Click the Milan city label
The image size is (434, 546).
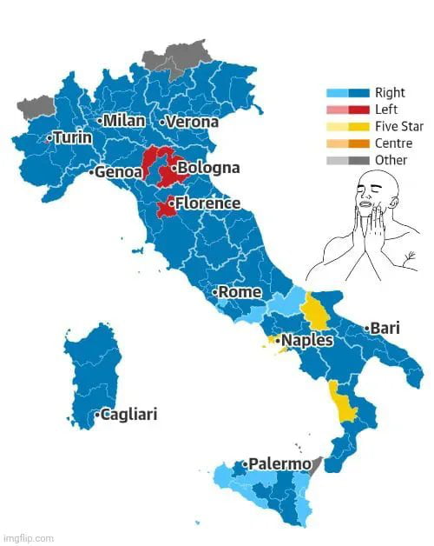point(124,120)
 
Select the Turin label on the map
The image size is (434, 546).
point(72,138)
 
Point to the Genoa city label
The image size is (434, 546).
point(118,172)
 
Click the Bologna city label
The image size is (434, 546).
point(208,167)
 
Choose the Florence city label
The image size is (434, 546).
point(207,203)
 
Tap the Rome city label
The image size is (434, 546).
point(240,292)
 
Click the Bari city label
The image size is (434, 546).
point(384,329)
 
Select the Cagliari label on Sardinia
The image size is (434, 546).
point(128,415)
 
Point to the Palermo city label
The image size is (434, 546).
point(279,464)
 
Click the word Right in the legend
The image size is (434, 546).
point(389,93)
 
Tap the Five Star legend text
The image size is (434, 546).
point(399,126)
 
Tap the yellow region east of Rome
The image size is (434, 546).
point(314,311)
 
